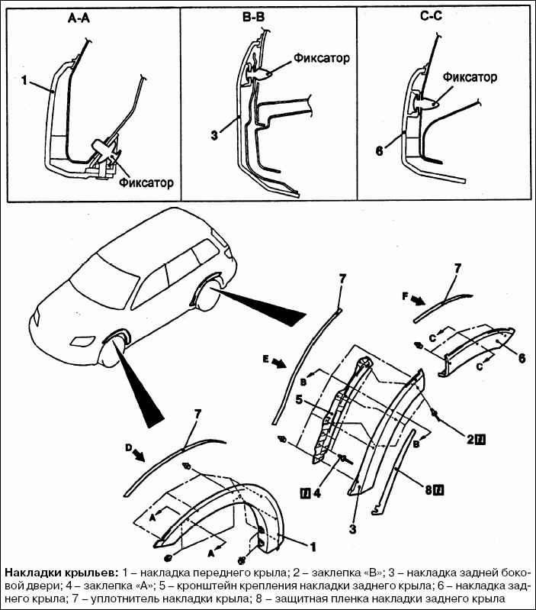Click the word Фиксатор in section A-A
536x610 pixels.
pyautogui.click(x=146, y=182)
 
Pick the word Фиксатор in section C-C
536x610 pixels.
pyautogui.click(x=470, y=77)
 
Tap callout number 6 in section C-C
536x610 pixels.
pyautogui.click(x=378, y=150)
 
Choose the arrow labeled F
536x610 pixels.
pyautogui.click(x=417, y=299)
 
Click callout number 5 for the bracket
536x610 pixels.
pyautogui.click(x=300, y=398)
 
